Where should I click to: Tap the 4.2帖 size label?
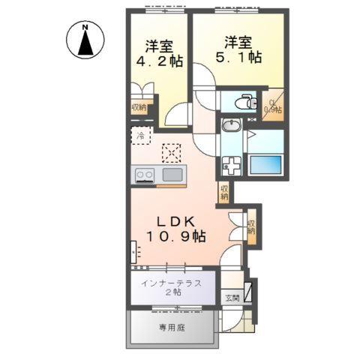154,61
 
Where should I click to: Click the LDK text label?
177,222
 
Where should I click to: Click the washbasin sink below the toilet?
232,125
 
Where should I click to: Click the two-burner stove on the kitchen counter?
144,175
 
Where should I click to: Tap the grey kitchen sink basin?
172,175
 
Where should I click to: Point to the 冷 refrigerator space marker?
139,135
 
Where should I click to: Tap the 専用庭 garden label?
172,327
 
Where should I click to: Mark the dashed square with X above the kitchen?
172,152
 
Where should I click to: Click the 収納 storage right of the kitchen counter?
224,193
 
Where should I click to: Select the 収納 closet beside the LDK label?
252,226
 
